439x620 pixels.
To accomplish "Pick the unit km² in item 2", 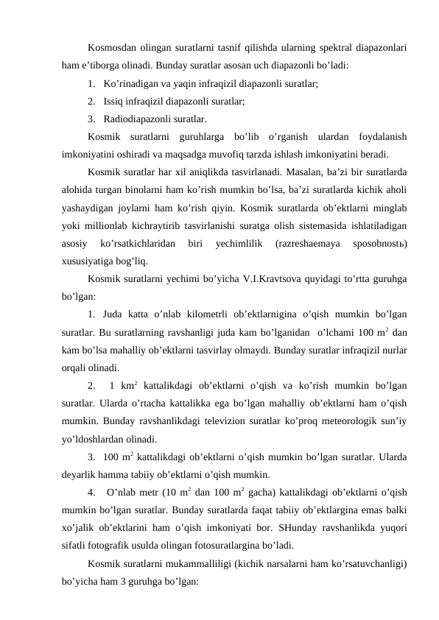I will click(130, 382).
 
